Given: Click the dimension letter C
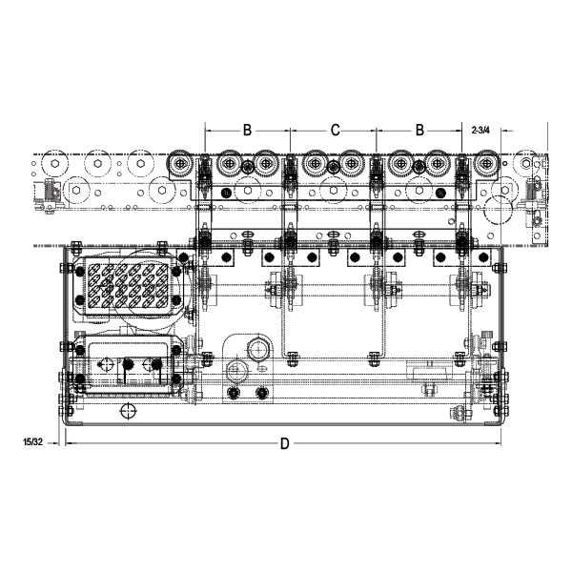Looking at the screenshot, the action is (x=335, y=130).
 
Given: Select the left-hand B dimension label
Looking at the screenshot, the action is (x=247, y=130).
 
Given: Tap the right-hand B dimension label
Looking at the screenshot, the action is (x=419, y=130).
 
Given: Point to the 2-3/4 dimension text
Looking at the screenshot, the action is (x=480, y=130).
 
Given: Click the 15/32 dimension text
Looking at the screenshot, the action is (x=32, y=442).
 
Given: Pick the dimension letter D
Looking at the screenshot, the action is (x=284, y=443).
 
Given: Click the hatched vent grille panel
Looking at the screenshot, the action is (x=128, y=286).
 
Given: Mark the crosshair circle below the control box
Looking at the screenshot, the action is (x=128, y=412).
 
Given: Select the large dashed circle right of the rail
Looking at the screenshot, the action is (x=498, y=210).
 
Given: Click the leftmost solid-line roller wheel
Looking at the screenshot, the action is (x=179, y=164).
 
